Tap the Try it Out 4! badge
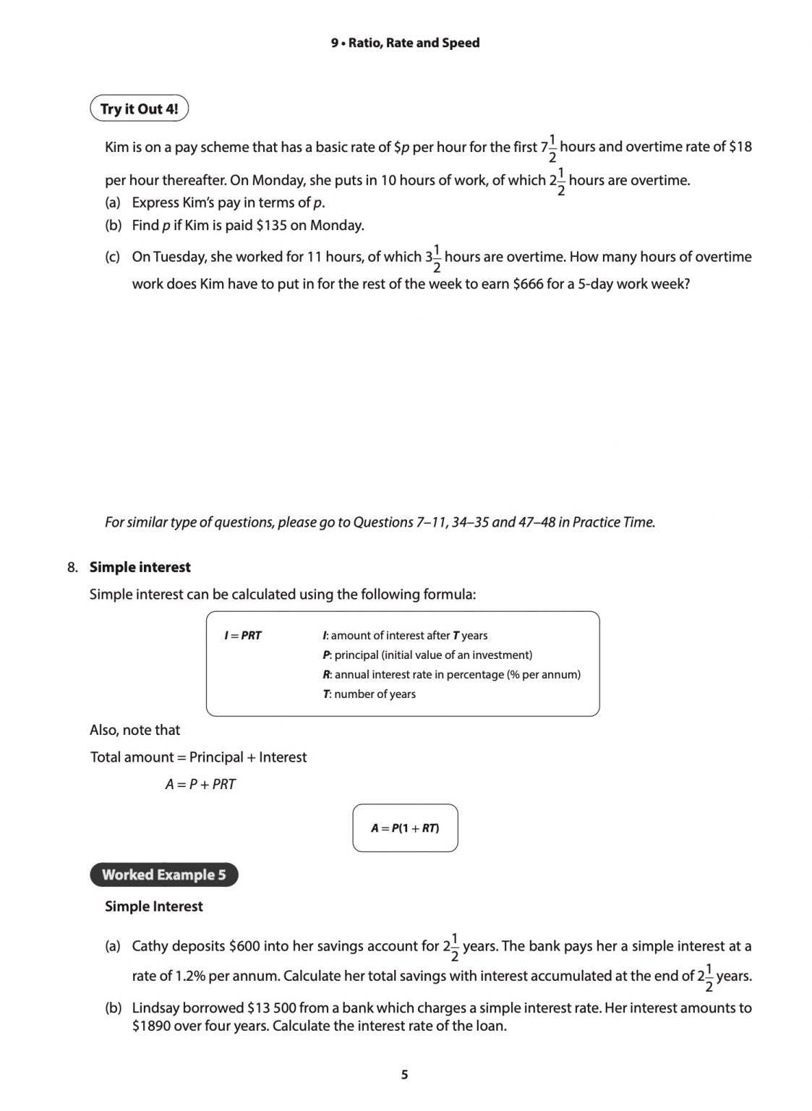click(139, 108)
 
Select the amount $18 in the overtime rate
click(740, 147)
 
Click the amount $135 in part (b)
click(271, 226)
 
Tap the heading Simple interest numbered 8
click(140, 567)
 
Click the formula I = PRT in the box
click(243, 636)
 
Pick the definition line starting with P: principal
click(427, 655)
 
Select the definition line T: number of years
click(369, 694)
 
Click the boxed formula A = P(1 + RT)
click(405, 828)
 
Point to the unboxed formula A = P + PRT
click(200, 785)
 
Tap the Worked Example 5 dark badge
click(163, 874)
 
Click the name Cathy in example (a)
click(150, 946)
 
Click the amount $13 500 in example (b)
click(276, 1008)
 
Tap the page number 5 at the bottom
click(405, 1075)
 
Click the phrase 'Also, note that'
click(134, 731)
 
